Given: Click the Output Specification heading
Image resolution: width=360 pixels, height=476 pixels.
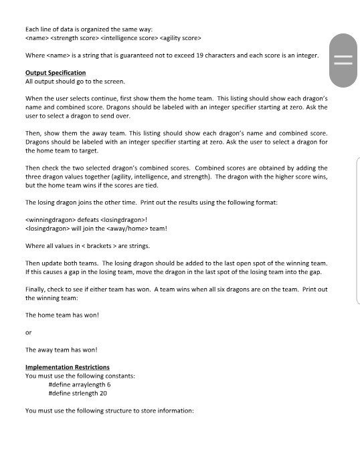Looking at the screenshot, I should point(55,72).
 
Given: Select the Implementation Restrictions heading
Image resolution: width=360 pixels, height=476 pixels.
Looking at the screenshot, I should point(67,367).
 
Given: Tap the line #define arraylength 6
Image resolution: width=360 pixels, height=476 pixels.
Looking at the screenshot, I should point(80,384).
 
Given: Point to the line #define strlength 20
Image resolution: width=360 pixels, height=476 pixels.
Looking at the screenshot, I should point(78,393).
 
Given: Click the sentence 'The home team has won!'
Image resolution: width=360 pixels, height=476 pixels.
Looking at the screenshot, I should point(62,314).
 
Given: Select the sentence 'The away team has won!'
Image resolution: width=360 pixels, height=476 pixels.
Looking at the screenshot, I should point(62,350).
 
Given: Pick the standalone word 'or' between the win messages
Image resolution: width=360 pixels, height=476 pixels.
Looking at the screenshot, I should point(28,332).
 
